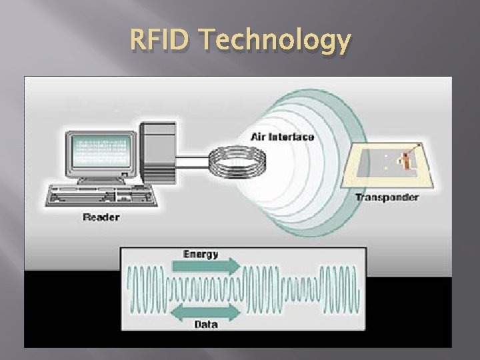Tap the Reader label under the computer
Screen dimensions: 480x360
[x=101, y=216]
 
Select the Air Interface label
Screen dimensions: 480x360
[x=282, y=137]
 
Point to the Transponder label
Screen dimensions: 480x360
[x=387, y=197]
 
